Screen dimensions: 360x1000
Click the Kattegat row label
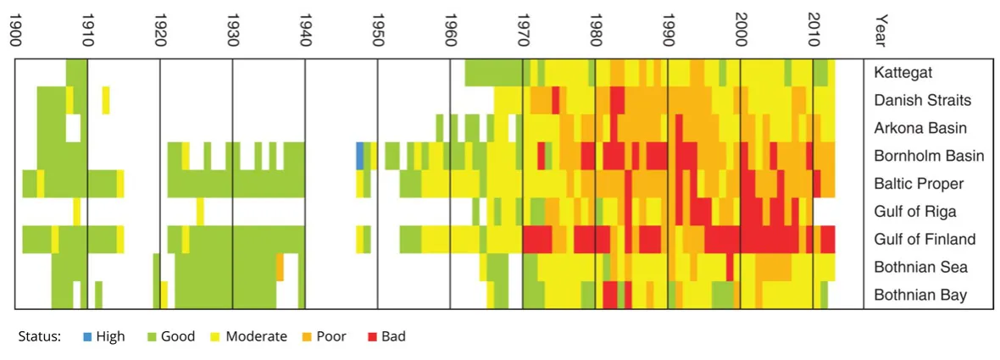click(903, 73)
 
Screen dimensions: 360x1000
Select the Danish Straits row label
click(922, 101)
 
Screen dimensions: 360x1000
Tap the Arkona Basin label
click(919, 128)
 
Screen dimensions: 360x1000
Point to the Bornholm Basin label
click(929, 156)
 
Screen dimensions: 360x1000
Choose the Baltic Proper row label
click(919, 184)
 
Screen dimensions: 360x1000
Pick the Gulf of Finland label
click(925, 239)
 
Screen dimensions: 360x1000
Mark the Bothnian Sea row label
click(920, 267)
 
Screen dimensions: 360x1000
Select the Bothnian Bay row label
click(920, 295)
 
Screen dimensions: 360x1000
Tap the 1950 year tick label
click(378, 31)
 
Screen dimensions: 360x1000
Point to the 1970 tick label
click(524, 31)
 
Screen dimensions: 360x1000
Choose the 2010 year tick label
click(814, 31)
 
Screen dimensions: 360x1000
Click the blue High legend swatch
click(87, 336)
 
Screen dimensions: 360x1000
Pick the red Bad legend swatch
click(373, 336)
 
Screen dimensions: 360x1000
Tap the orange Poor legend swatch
click(308, 336)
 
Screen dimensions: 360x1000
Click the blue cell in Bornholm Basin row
click(359, 156)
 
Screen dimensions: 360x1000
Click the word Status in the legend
click(39, 336)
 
